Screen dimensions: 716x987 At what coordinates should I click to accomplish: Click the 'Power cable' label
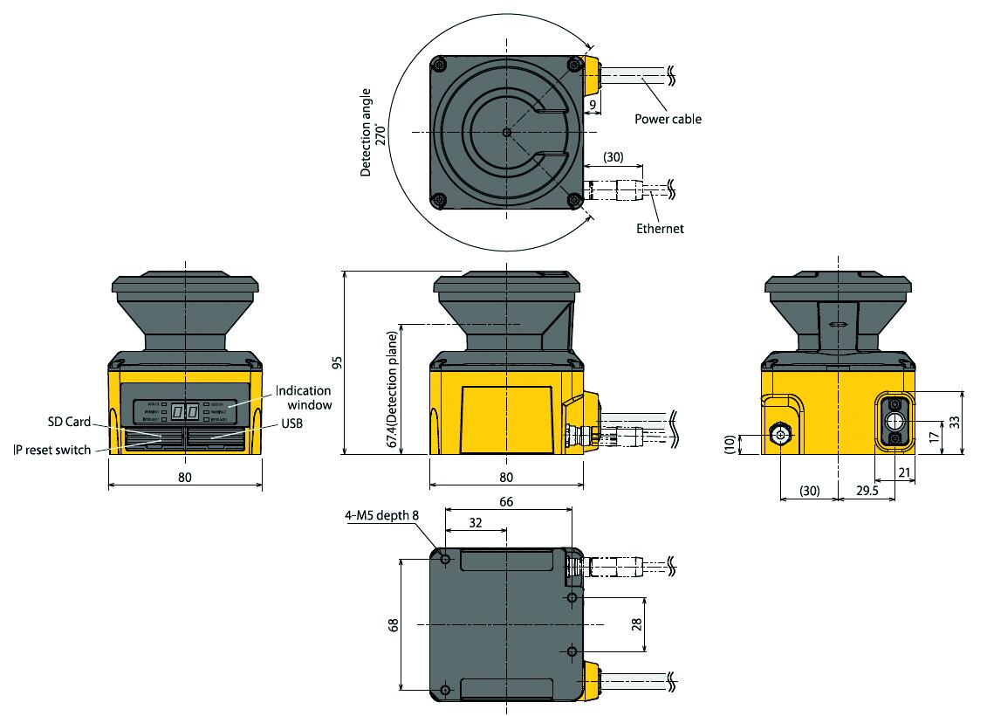point(668,119)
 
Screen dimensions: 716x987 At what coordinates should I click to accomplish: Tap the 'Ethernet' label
point(660,229)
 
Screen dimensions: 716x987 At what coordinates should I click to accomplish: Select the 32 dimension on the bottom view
point(475,524)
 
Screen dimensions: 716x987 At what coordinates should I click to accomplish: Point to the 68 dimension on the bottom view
point(394,625)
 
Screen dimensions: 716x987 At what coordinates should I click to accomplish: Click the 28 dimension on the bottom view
point(636,624)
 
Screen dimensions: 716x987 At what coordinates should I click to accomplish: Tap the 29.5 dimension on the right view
point(867,492)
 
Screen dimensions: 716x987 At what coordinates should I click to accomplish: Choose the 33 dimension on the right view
point(954,421)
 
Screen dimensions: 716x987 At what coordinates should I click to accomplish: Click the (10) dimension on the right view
point(730,444)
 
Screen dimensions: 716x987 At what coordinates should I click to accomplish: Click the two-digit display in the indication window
point(185,410)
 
